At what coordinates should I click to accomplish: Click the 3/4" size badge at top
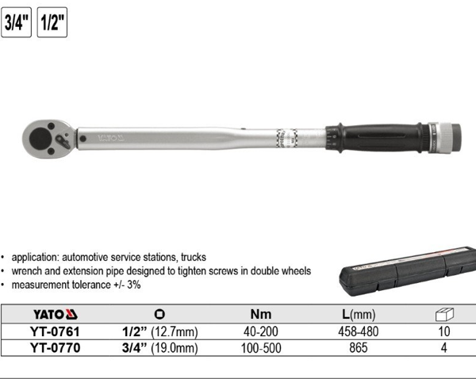tap(17, 21)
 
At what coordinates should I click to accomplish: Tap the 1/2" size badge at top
tap(52, 21)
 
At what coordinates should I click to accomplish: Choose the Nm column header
tap(259, 313)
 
